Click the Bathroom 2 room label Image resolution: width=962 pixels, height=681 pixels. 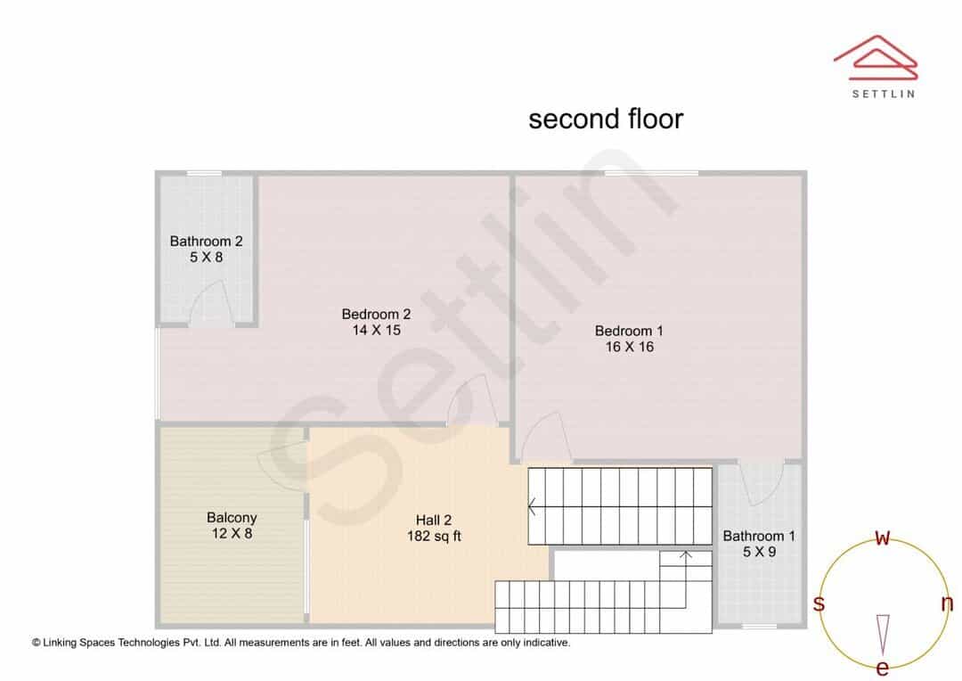206,242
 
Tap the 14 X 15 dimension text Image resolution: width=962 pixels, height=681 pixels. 376,331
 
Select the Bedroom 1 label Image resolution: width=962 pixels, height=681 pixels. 629,331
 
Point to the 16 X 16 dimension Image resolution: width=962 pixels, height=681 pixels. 630,347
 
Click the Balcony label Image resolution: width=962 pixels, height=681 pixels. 232,518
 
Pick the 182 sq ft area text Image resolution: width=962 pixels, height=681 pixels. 434,536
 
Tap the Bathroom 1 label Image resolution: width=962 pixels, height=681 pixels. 759,536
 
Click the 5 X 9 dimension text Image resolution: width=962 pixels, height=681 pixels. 759,552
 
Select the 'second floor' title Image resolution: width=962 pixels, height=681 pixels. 606,119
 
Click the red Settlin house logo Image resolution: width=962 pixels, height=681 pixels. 876,58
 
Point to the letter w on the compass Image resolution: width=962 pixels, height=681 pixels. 882,537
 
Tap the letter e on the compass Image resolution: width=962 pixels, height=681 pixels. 882,668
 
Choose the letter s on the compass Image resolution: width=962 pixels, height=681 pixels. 819,603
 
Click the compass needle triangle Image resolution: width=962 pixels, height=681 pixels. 883,635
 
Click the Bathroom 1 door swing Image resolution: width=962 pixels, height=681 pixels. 760,482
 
